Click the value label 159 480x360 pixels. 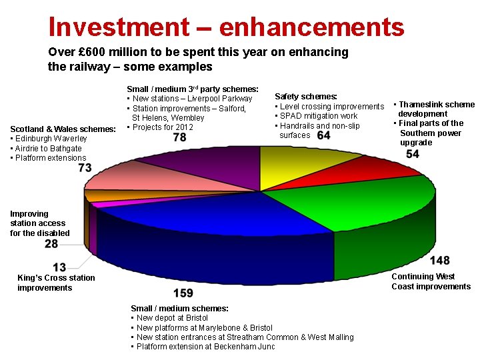click(x=183, y=293)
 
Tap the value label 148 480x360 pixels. click(x=439, y=260)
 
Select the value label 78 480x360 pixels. click(x=179, y=137)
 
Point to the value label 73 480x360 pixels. click(x=85, y=168)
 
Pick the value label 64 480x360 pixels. click(x=323, y=135)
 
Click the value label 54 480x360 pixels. click(x=412, y=155)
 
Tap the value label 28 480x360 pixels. click(x=51, y=244)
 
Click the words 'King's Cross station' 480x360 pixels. click(x=57, y=278)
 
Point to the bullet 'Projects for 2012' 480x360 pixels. click(x=163, y=127)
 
